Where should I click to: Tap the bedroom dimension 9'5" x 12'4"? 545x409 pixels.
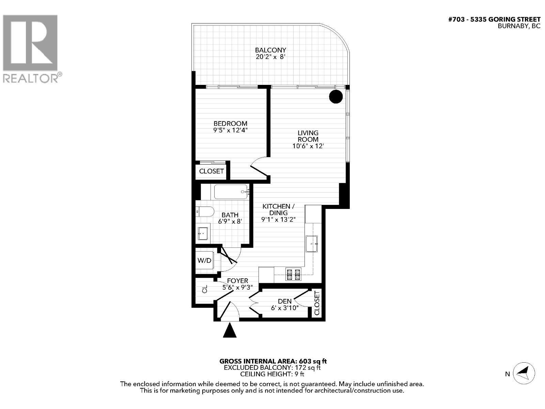click(x=230, y=130)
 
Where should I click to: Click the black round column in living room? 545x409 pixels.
click(x=336, y=96)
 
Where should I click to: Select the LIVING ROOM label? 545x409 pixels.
click(x=308, y=136)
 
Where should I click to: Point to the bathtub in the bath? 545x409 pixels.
click(x=231, y=192)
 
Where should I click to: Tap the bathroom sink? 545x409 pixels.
click(x=203, y=233)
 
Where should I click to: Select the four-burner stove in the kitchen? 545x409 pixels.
click(x=293, y=274)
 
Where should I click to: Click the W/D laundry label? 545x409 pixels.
click(x=204, y=261)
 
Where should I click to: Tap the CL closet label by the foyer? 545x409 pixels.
click(x=205, y=290)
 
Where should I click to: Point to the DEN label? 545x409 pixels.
click(x=285, y=301)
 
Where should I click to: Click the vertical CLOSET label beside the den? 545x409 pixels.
click(x=317, y=303)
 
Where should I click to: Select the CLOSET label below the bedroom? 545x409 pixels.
click(x=212, y=171)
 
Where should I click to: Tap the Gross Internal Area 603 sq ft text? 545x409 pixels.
click(x=273, y=361)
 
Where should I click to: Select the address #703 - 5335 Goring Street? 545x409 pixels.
click(x=494, y=19)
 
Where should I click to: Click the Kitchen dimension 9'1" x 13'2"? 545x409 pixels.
click(x=278, y=219)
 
